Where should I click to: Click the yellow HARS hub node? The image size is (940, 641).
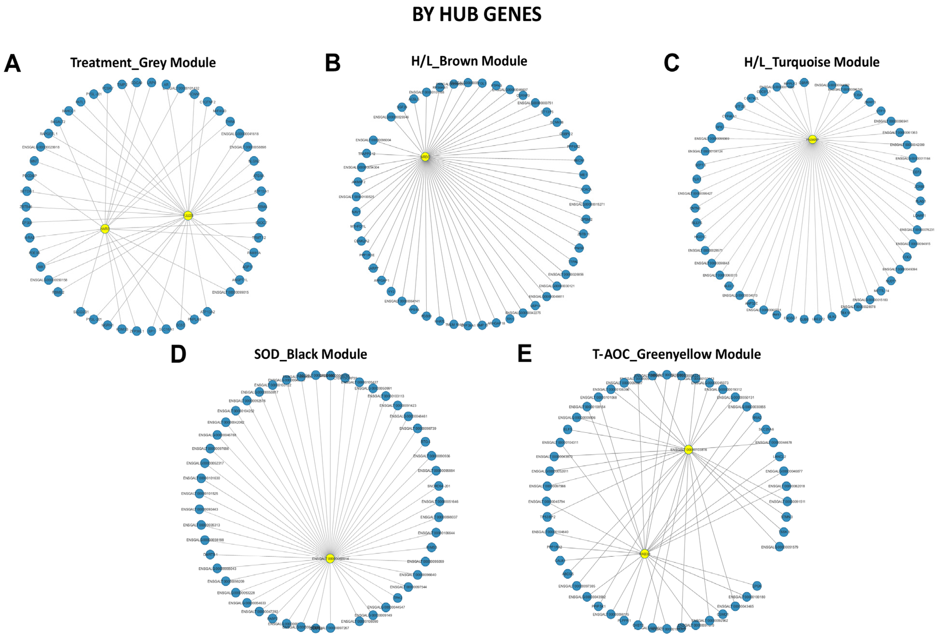(x=105, y=229)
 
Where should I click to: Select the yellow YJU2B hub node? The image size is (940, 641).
(x=188, y=215)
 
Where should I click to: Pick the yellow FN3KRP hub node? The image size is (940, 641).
(x=812, y=139)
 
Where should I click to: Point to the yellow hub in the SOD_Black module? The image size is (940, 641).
(x=330, y=558)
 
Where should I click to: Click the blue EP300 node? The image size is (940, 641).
(x=27, y=222)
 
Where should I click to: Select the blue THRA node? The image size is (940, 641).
(x=230, y=122)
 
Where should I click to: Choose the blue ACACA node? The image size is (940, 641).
(x=586, y=189)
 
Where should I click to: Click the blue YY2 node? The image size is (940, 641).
(x=391, y=291)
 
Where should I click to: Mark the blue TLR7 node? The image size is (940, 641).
(x=696, y=179)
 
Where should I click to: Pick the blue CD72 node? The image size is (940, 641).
(x=917, y=172)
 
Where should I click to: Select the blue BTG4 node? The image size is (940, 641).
(x=425, y=442)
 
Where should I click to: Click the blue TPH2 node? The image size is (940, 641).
(x=398, y=598)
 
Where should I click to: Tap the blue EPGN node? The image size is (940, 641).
(x=757, y=586)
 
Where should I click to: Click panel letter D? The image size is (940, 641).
(x=178, y=354)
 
